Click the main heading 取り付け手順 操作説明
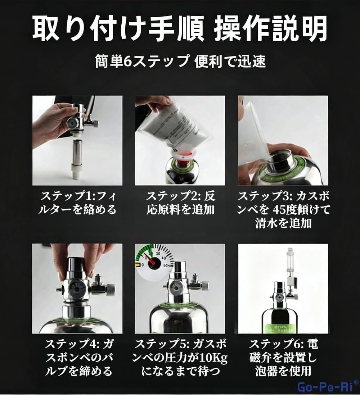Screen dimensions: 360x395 coord(180,29)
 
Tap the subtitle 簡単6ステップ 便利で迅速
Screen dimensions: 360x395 coord(180,62)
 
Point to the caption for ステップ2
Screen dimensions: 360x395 coord(180,203)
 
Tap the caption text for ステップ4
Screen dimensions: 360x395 coord(78,358)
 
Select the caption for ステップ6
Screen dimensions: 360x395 coord(283,358)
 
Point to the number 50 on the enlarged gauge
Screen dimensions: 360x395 coord(166,265)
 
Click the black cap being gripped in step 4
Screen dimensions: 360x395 coord(77,265)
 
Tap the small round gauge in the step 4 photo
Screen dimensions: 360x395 coord(75,289)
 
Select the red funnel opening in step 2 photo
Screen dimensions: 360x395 coord(184,154)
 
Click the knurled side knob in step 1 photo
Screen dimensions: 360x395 coord(95,123)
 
